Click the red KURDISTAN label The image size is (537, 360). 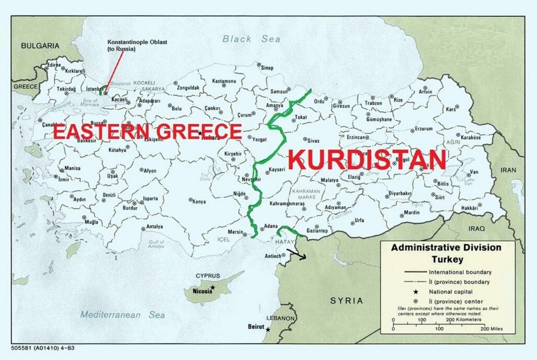368,160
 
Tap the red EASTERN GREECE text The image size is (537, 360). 147,131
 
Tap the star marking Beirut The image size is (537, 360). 268,330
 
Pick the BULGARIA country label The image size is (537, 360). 40,46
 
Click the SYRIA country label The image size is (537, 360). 347,301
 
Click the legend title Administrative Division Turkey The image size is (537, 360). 446,253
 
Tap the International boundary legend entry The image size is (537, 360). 460,272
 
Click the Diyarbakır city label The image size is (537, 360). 400,193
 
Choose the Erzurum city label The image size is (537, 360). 423,129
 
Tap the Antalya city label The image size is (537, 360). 155,226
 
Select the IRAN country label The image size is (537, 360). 508,171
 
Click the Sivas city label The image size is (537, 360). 313,141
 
